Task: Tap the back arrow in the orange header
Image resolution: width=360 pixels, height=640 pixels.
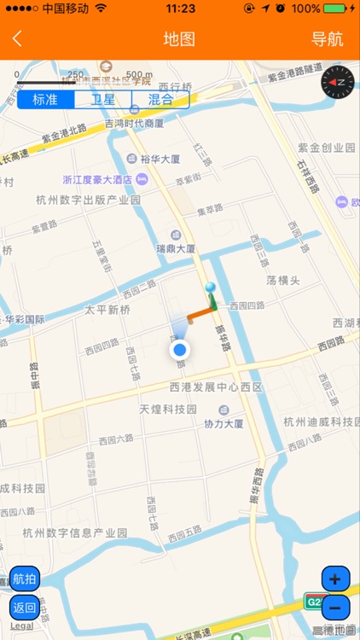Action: click(x=17, y=38)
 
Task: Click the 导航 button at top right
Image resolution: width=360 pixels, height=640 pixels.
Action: click(x=327, y=38)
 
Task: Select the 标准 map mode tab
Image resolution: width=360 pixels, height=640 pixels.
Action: click(x=45, y=99)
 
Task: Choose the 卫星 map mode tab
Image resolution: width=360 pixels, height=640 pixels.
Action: click(x=103, y=99)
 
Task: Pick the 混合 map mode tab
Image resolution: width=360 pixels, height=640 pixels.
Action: click(x=160, y=99)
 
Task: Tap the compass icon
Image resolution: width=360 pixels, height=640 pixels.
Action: click(x=337, y=82)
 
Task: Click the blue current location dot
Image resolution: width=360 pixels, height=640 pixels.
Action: click(x=179, y=350)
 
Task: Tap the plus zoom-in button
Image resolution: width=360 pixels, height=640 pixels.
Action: click(x=334, y=579)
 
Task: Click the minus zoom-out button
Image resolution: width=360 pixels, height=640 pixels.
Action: click(x=334, y=608)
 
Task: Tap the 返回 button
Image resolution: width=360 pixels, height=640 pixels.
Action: click(x=24, y=608)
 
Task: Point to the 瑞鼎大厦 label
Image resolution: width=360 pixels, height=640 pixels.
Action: click(x=175, y=249)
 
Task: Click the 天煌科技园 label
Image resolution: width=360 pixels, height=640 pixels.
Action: click(x=168, y=410)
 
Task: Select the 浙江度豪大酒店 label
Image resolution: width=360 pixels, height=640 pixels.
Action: click(x=98, y=179)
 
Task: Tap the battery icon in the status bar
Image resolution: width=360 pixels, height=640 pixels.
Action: click(x=338, y=9)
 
